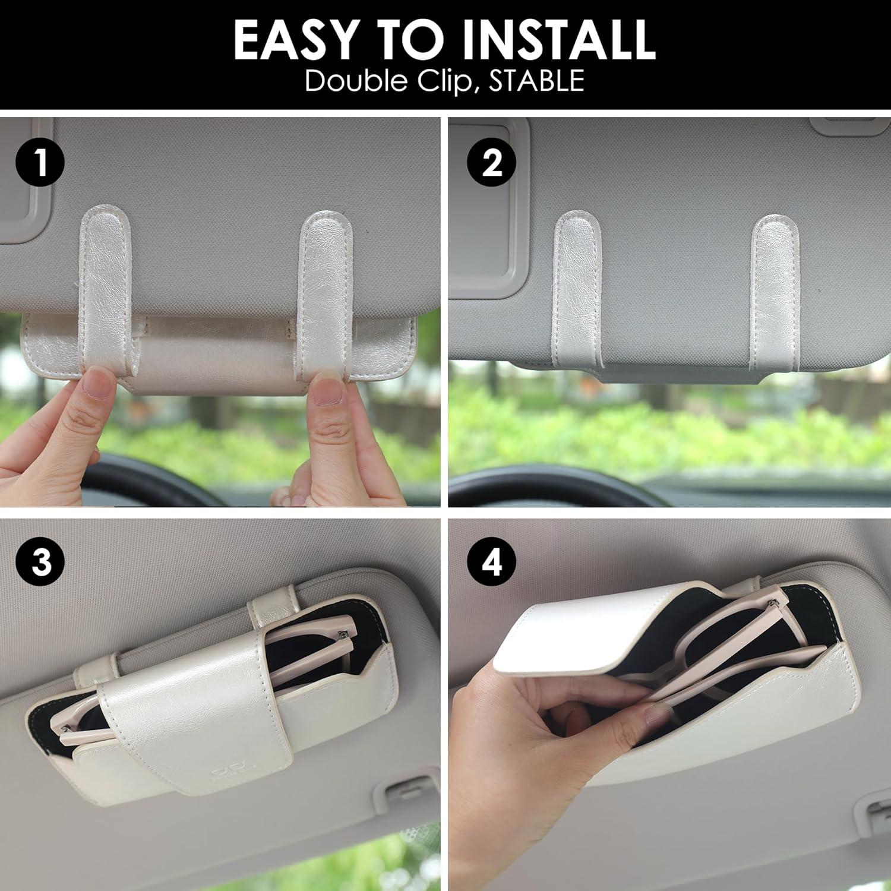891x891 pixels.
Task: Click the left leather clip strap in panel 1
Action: point(105,285)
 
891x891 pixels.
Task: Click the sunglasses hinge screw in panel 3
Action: point(342,637)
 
